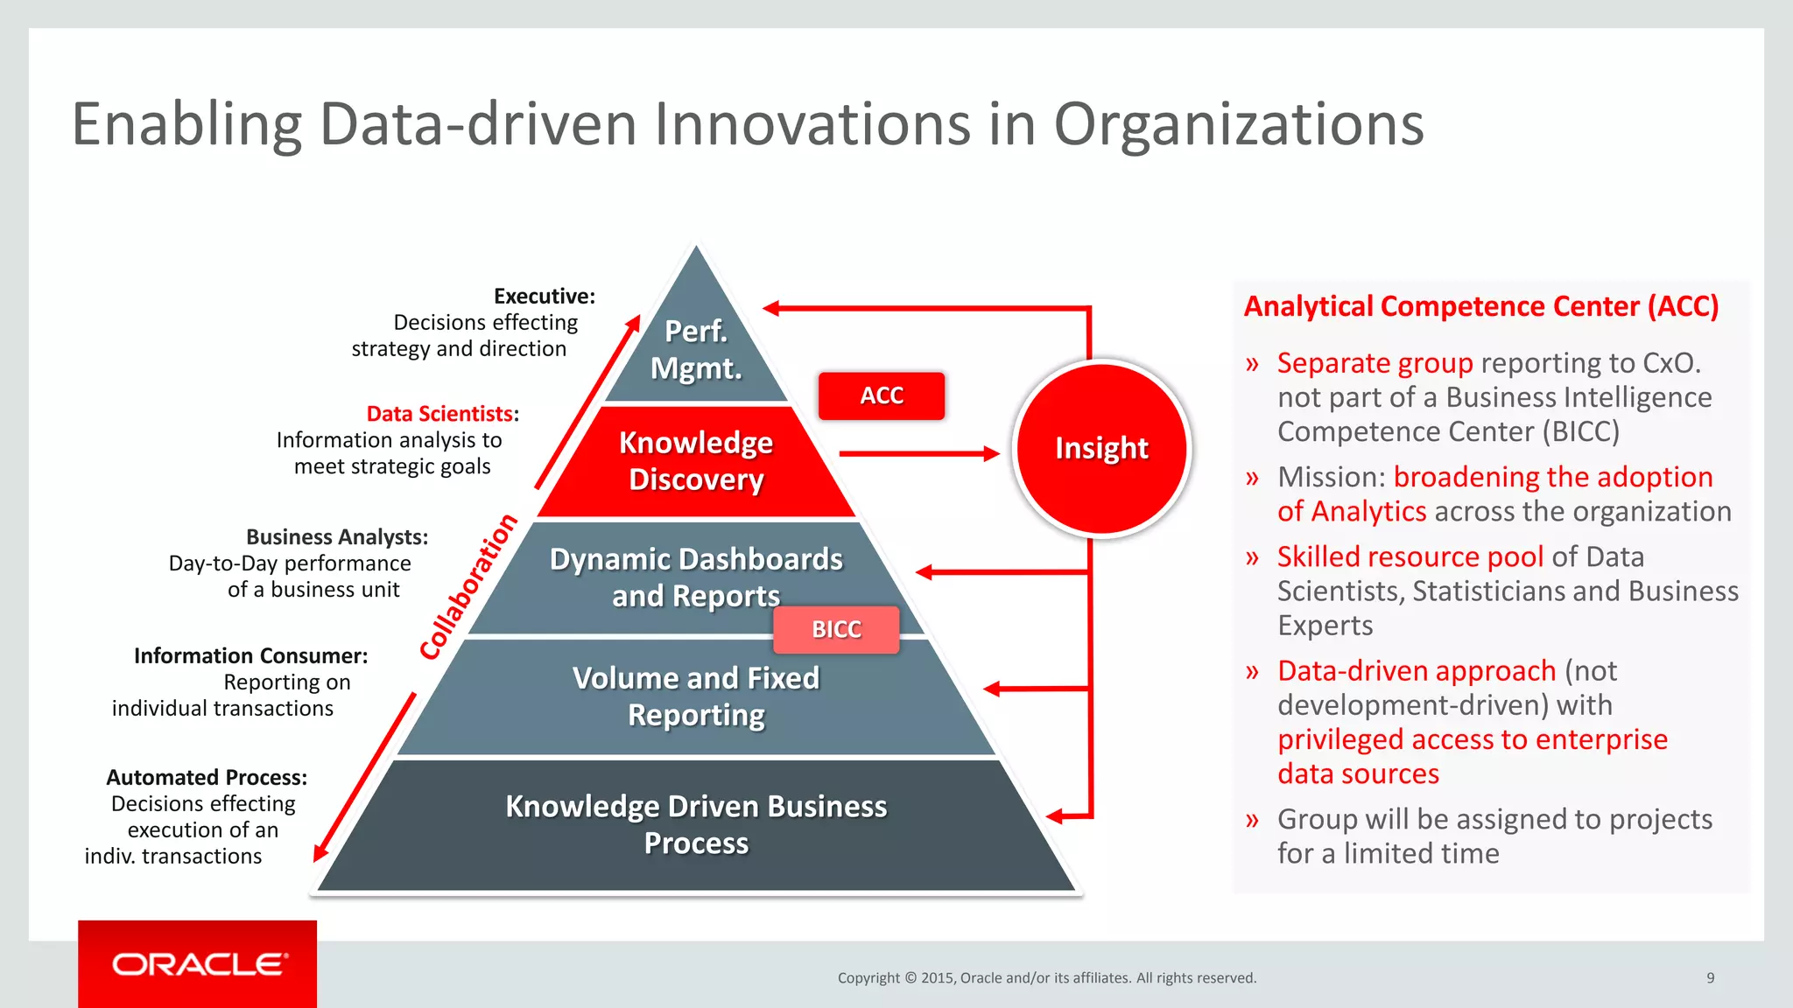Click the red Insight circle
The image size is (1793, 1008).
[1101, 447]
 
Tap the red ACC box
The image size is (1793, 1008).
[881, 395]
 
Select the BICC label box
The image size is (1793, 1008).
[836, 629]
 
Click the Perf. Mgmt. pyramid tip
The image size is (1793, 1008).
[696, 348]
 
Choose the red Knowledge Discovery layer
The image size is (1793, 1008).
[696, 461]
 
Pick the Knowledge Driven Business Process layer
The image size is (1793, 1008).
[696, 824]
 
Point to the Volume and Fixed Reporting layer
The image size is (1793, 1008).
[696, 696]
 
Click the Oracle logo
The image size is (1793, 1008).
[198, 964]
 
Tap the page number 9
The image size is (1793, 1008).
[1710, 977]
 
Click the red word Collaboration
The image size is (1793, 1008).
[468, 587]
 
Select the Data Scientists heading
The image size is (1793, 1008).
[440, 413]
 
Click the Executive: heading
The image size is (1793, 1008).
[544, 296]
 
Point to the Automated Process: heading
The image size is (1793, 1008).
[207, 777]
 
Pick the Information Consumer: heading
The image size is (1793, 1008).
[250, 655]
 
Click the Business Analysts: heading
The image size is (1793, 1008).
[337, 536]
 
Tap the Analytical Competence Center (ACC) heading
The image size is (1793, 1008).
[1481, 306]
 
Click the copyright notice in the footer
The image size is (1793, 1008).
[1046, 977]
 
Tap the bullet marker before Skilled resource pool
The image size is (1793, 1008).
[1252, 557]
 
